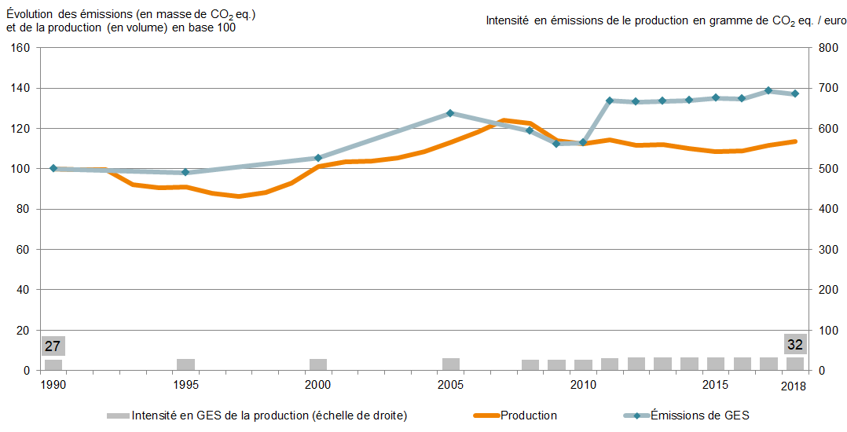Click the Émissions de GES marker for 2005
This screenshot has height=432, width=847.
(450, 113)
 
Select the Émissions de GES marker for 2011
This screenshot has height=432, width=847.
(610, 101)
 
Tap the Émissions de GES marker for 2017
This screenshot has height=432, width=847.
(768, 90)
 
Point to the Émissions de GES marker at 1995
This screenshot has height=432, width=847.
(185, 172)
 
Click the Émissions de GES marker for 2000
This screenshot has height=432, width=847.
(318, 158)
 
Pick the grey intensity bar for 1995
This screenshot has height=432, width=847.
(185, 364)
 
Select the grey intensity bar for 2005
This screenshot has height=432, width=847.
(450, 364)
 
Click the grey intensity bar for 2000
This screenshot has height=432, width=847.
(318, 364)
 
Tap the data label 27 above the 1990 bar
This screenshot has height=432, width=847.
(53, 346)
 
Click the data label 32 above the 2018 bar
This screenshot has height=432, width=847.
(795, 345)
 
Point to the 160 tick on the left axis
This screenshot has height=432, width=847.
(21, 48)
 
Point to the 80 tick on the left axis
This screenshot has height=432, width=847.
(24, 209)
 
